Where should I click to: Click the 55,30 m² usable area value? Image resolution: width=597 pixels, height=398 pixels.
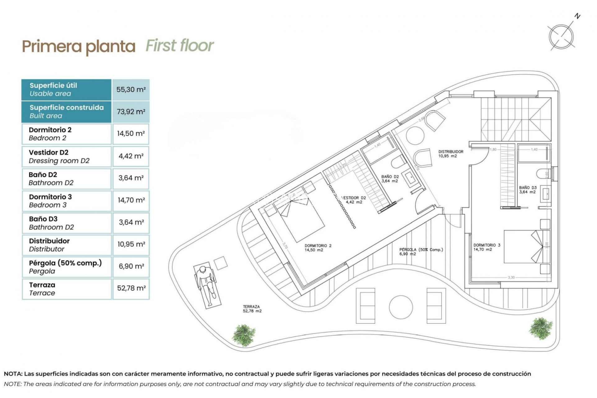tap(131, 90)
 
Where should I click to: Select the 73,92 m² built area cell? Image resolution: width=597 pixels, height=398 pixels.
tap(131, 112)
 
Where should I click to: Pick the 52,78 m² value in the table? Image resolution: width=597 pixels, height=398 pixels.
tap(131, 288)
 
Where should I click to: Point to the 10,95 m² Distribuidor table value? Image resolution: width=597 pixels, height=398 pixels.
tap(131, 244)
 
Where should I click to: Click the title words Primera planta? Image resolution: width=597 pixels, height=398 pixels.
tap(79, 47)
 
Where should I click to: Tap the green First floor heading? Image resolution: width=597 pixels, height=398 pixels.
tap(180, 46)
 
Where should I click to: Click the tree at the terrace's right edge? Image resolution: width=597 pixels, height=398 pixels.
tap(541, 328)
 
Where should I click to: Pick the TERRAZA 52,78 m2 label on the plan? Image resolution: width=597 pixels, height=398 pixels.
tap(252, 309)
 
